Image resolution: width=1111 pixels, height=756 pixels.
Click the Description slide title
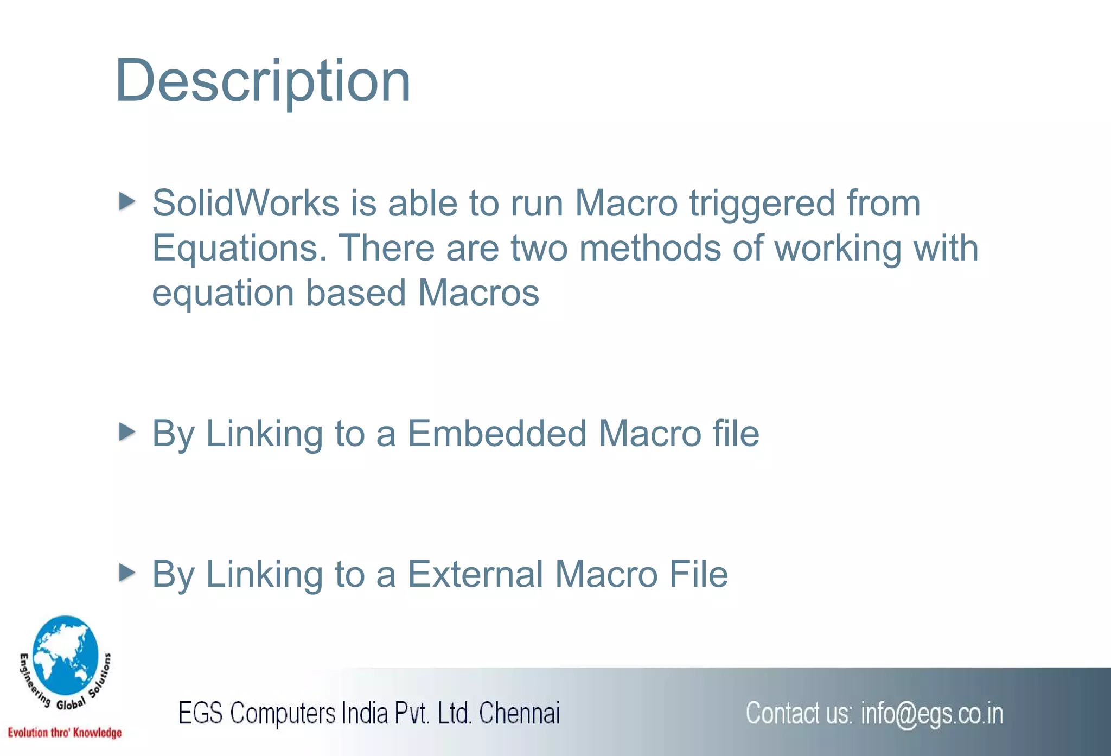[263, 81]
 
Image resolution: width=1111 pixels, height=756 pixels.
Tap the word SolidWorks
[245, 204]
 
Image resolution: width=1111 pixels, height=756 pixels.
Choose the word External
[475, 574]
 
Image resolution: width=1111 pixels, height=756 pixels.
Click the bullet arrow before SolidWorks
[127, 201]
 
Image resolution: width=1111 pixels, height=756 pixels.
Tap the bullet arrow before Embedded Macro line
[127, 432]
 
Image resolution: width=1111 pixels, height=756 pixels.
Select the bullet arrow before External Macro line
[127, 573]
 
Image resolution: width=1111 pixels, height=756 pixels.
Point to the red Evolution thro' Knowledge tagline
[65, 733]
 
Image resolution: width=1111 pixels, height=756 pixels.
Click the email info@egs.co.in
[931, 714]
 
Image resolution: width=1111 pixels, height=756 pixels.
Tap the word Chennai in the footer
[519, 713]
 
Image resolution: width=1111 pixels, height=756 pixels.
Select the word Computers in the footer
[283, 713]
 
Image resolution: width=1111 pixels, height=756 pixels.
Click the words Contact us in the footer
[799, 713]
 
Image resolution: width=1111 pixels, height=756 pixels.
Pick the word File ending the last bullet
[698, 574]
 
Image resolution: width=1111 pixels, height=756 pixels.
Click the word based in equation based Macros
[355, 293]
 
